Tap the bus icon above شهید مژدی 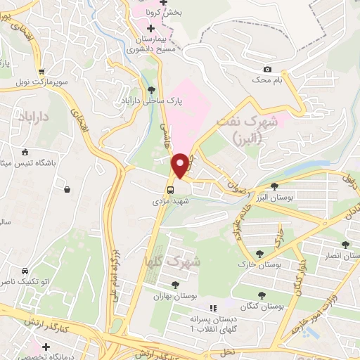coord(170,189)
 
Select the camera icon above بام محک coord(267,69)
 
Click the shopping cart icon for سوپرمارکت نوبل coord(42,71)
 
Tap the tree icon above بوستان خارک coord(261,255)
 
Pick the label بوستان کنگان coord(262,307)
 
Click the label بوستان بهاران coord(174,296)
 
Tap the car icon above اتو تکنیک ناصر coord(24,271)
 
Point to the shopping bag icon coord(67,188)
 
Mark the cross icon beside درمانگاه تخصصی coord(46,347)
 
